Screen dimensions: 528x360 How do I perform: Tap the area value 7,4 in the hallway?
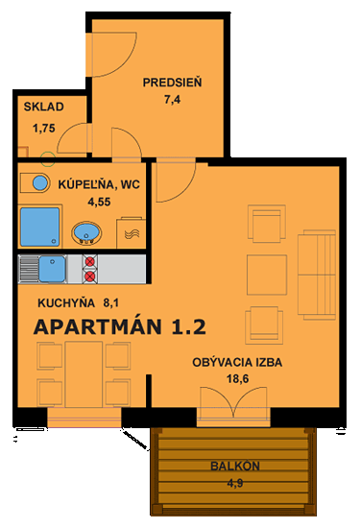173,99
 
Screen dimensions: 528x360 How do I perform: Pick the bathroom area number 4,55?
99,202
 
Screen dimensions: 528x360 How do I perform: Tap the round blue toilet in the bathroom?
39,182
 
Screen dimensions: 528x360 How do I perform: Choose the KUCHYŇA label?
65,302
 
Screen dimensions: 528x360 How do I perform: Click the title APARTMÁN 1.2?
119,326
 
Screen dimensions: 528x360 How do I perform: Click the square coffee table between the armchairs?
267,274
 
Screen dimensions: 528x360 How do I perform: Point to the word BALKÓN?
234,467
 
